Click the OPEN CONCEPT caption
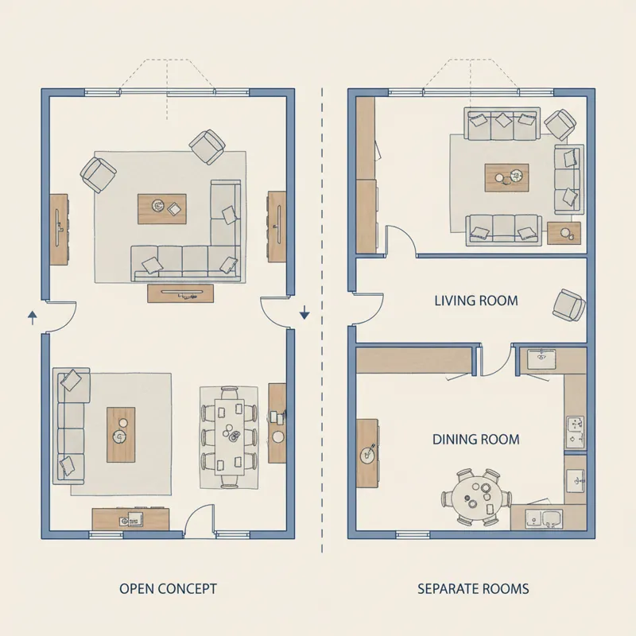coord(168,589)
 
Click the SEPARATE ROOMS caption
coord(473,589)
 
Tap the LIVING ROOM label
coord(476,301)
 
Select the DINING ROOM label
coord(476,439)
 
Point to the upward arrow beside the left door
coord(33,317)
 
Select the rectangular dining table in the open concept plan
coord(229,436)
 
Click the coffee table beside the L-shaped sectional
coord(162,208)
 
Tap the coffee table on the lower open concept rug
coord(121,435)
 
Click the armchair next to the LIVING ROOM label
coord(569,304)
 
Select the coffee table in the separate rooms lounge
coord(506,177)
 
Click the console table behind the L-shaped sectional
coord(180,293)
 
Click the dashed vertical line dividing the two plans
coord(322,318)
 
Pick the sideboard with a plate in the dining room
coord(367,453)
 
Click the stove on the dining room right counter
coord(576,432)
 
